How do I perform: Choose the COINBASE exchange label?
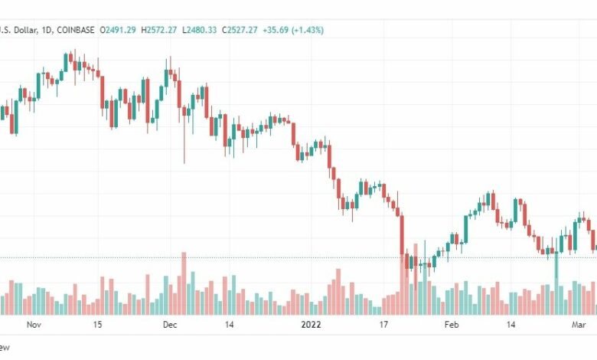tap(73, 30)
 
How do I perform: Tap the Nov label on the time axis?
tap(32, 325)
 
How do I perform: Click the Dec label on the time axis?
tap(170, 325)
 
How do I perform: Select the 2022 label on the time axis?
tap(312, 325)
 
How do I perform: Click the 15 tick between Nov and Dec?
tap(98, 325)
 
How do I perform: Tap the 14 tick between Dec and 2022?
tap(230, 325)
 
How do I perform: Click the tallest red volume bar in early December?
tap(184, 283)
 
